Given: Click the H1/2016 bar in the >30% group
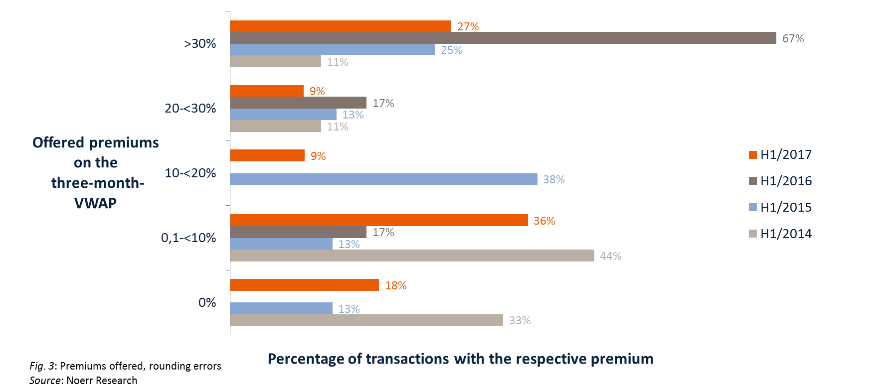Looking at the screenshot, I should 503,38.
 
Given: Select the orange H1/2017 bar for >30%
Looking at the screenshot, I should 341,26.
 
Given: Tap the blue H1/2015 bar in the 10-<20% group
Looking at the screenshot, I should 383,179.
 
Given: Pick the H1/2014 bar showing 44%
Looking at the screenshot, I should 412,256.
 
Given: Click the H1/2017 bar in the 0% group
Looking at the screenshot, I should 304,285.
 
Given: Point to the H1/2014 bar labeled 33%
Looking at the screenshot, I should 366,320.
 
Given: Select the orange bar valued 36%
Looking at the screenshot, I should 379,221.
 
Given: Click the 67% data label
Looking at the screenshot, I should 793,38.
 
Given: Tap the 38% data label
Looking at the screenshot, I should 553,179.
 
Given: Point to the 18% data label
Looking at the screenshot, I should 395,285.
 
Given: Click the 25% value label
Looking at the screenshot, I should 451,50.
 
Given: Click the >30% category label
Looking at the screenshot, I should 200,44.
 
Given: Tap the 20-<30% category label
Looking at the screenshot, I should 190,109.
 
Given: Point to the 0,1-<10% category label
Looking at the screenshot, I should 188,238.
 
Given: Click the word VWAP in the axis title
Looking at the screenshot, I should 95,203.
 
